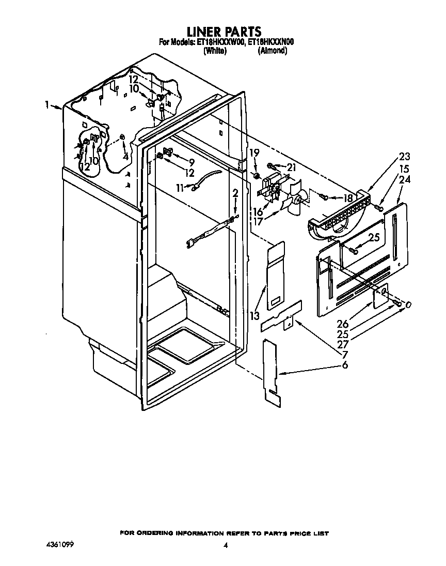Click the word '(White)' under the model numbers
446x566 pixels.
coord(215,51)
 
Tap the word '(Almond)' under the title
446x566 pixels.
coord(273,51)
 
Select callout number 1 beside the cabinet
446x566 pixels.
coord(46,105)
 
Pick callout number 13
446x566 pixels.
coord(254,316)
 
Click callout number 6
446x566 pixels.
coord(345,365)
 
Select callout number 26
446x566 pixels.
coord(343,324)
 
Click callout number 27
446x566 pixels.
coord(343,344)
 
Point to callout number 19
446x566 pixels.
coord(254,153)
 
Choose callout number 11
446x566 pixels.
coord(180,187)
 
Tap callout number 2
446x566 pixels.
coord(235,194)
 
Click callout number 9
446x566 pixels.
coord(192,163)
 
